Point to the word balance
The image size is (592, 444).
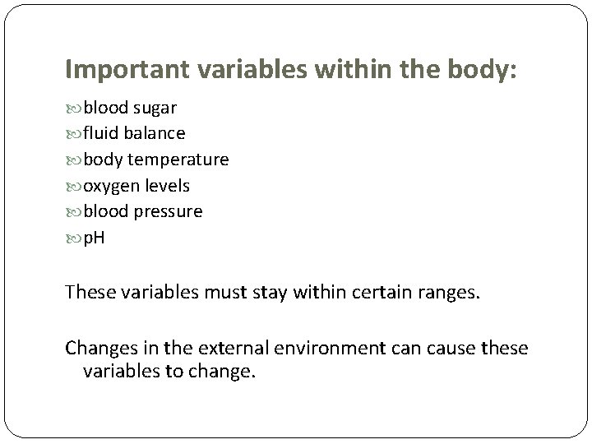(x=155, y=132)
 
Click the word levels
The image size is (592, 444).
(x=167, y=185)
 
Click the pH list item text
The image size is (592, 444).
(x=94, y=238)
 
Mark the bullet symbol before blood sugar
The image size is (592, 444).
(x=72, y=109)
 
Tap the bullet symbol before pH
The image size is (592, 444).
(x=72, y=238)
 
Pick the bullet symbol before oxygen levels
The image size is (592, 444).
(x=72, y=186)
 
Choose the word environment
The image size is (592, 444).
(x=317, y=348)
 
